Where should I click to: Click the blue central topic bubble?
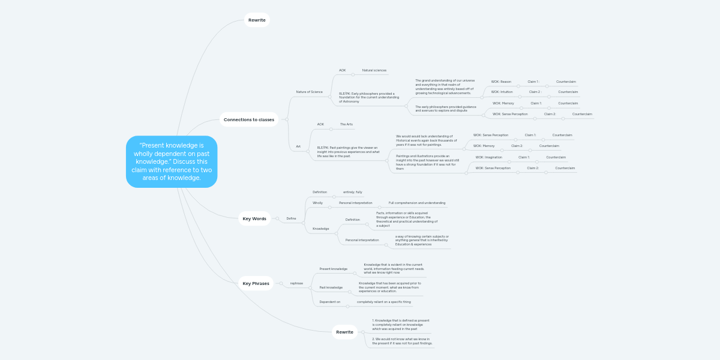[x=172, y=161]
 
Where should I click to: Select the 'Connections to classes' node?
[x=248, y=119]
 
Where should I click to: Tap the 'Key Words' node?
[x=254, y=218]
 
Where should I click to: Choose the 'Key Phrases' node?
[x=256, y=283]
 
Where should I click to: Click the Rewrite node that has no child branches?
[x=257, y=20]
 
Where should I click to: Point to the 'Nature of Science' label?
[x=309, y=92]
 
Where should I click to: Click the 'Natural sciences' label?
[x=374, y=70]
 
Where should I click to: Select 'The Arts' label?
[x=346, y=124]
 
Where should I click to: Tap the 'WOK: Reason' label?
[x=501, y=82]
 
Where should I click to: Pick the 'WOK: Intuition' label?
[x=502, y=92]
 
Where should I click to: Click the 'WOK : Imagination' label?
[x=488, y=157]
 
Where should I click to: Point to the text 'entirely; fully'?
[x=352, y=192]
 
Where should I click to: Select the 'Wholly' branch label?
[x=317, y=203]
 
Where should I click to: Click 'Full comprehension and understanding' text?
[x=416, y=203]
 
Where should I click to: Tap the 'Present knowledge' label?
[x=333, y=269]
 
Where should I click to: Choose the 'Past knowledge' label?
[x=331, y=287]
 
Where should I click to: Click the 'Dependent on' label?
[x=329, y=302]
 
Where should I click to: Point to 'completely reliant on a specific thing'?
[x=383, y=302]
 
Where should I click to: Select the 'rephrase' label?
[x=296, y=283]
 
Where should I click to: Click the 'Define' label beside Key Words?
[x=291, y=218]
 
